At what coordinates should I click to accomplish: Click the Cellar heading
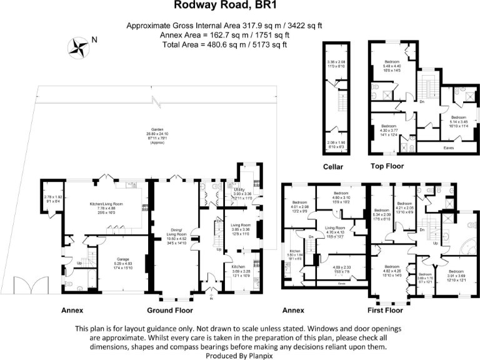coord(336,167)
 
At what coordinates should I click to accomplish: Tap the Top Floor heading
coord(387,167)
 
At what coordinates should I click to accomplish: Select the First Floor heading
coord(385,310)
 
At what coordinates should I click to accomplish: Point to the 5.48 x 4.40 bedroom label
coord(392,62)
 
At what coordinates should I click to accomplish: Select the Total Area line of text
coord(224,44)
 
